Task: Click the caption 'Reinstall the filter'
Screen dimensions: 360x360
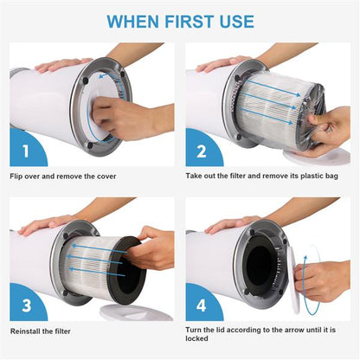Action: [x=41, y=331]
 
